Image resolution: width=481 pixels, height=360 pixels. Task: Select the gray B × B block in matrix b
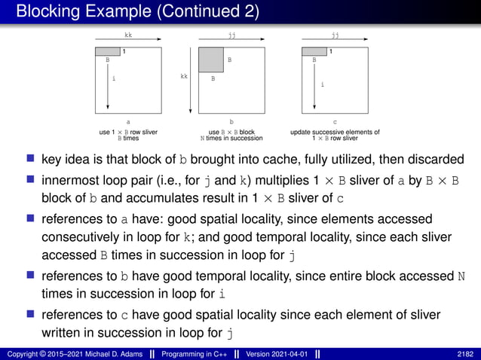pos(211,59)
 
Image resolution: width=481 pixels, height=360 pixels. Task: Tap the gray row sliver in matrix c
pos(314,50)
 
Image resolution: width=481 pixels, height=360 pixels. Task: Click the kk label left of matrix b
pos(184,76)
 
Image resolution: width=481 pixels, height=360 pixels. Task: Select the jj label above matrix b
pos(231,34)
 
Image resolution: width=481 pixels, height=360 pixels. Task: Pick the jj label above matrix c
pos(335,34)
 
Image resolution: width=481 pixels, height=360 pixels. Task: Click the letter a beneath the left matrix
pos(128,121)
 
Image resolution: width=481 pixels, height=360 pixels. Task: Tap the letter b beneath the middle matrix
pos(231,121)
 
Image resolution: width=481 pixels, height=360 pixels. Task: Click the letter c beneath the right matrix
pos(335,121)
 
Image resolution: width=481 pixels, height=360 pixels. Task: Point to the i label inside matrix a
pos(113,78)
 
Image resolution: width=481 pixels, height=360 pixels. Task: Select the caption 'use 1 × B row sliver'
pos(128,132)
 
